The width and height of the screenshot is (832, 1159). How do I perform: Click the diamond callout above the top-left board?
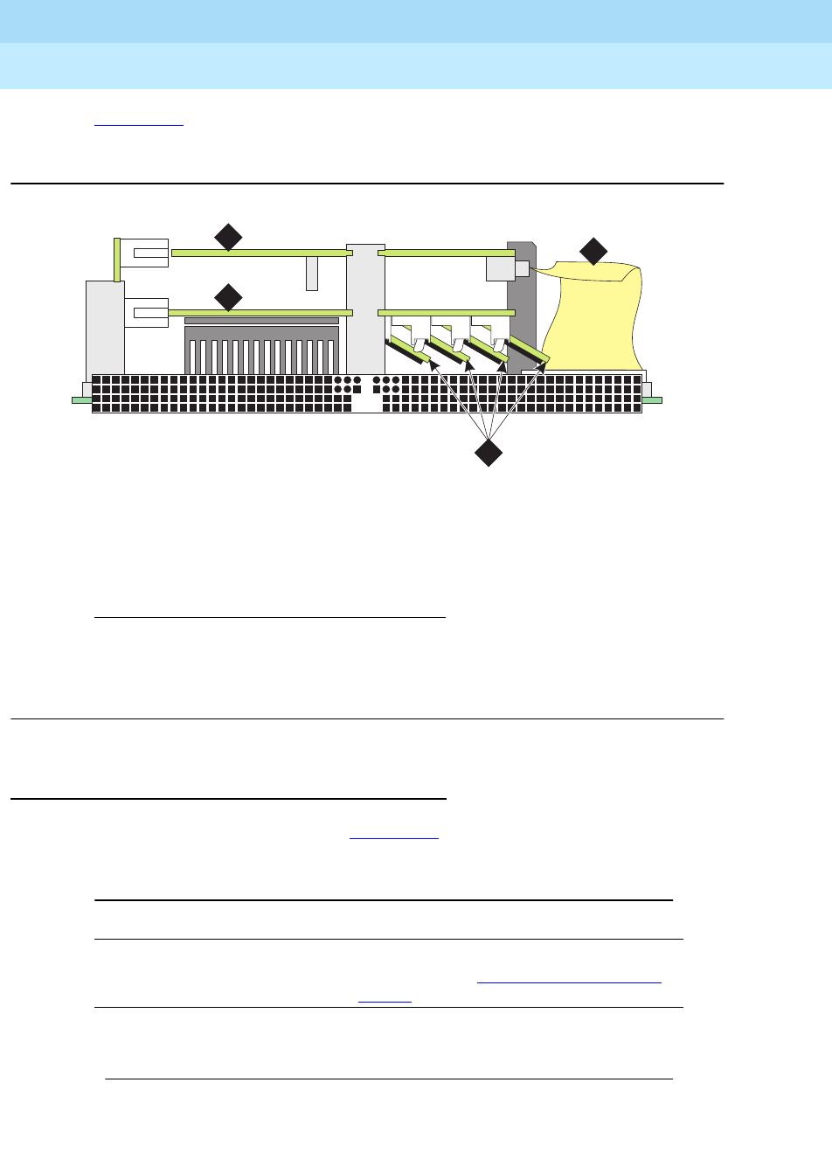228,237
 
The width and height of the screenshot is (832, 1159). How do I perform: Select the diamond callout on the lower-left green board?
228,297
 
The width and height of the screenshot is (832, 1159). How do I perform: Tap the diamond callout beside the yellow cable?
593,251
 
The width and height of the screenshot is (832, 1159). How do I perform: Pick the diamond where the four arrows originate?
489,453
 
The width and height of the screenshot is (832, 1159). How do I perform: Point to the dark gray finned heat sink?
260,350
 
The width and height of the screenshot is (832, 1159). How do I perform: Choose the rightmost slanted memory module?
528,350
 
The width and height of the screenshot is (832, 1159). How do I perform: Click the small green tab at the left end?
81,400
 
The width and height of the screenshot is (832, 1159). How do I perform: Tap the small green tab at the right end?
652,400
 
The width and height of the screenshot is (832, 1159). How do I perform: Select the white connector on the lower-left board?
146,312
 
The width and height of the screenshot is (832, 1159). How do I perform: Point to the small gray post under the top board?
312,273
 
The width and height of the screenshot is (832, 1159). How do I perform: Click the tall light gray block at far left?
105,328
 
